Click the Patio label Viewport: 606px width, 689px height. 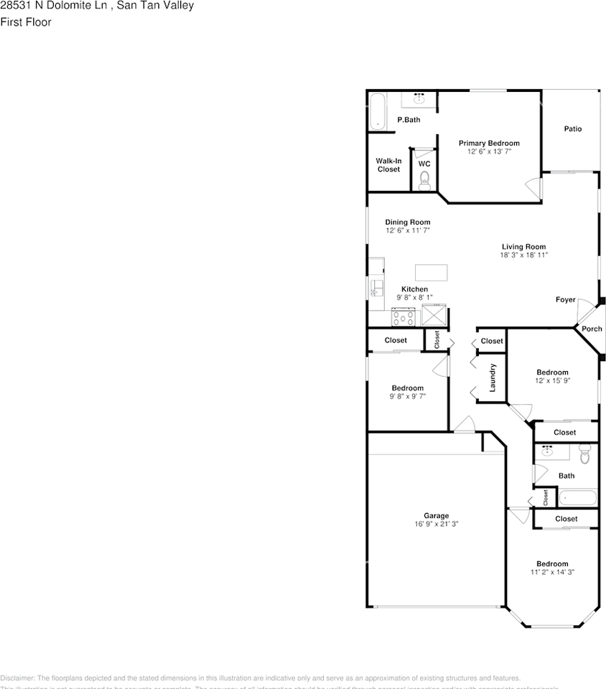pos(572,129)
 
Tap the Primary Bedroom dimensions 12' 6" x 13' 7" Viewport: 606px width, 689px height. pos(489,151)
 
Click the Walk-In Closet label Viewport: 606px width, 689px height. pos(388,165)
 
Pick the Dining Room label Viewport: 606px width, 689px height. pos(407,222)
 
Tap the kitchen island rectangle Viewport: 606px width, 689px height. pos(431,272)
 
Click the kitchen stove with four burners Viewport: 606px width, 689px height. pos(403,317)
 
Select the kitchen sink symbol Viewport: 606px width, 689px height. pos(375,289)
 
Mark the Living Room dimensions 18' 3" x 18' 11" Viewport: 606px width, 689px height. pos(523,255)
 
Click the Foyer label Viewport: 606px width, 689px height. pos(565,299)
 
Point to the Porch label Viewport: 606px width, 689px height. pos(592,329)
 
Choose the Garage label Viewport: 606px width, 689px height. pos(436,515)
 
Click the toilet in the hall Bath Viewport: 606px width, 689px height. pos(584,453)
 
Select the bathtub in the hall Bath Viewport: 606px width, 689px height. pos(577,497)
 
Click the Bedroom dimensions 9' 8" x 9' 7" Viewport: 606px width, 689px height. pos(407,396)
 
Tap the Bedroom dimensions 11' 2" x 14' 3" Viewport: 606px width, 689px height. pos(552,572)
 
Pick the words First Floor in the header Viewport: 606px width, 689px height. pos(26,22)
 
